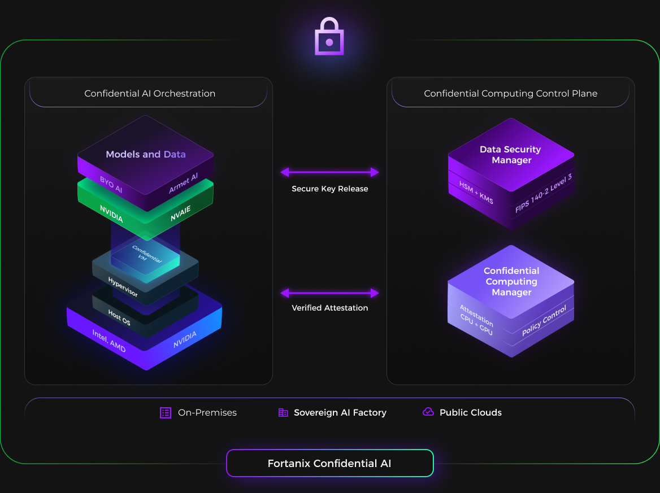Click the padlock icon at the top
(x=329, y=37)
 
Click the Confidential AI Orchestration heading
(x=150, y=94)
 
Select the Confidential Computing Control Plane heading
(x=510, y=94)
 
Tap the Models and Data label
(x=146, y=154)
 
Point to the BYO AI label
(x=111, y=185)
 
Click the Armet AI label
(x=183, y=184)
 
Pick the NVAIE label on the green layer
(x=181, y=213)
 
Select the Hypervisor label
(x=123, y=287)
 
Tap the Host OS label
(x=119, y=317)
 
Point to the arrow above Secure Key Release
(x=329, y=172)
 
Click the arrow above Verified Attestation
(x=329, y=293)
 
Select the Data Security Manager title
(x=510, y=155)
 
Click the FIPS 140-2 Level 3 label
(x=544, y=194)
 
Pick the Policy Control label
(x=544, y=321)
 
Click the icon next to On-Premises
(x=166, y=412)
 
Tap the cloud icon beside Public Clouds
(x=428, y=412)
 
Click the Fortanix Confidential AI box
(x=329, y=464)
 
